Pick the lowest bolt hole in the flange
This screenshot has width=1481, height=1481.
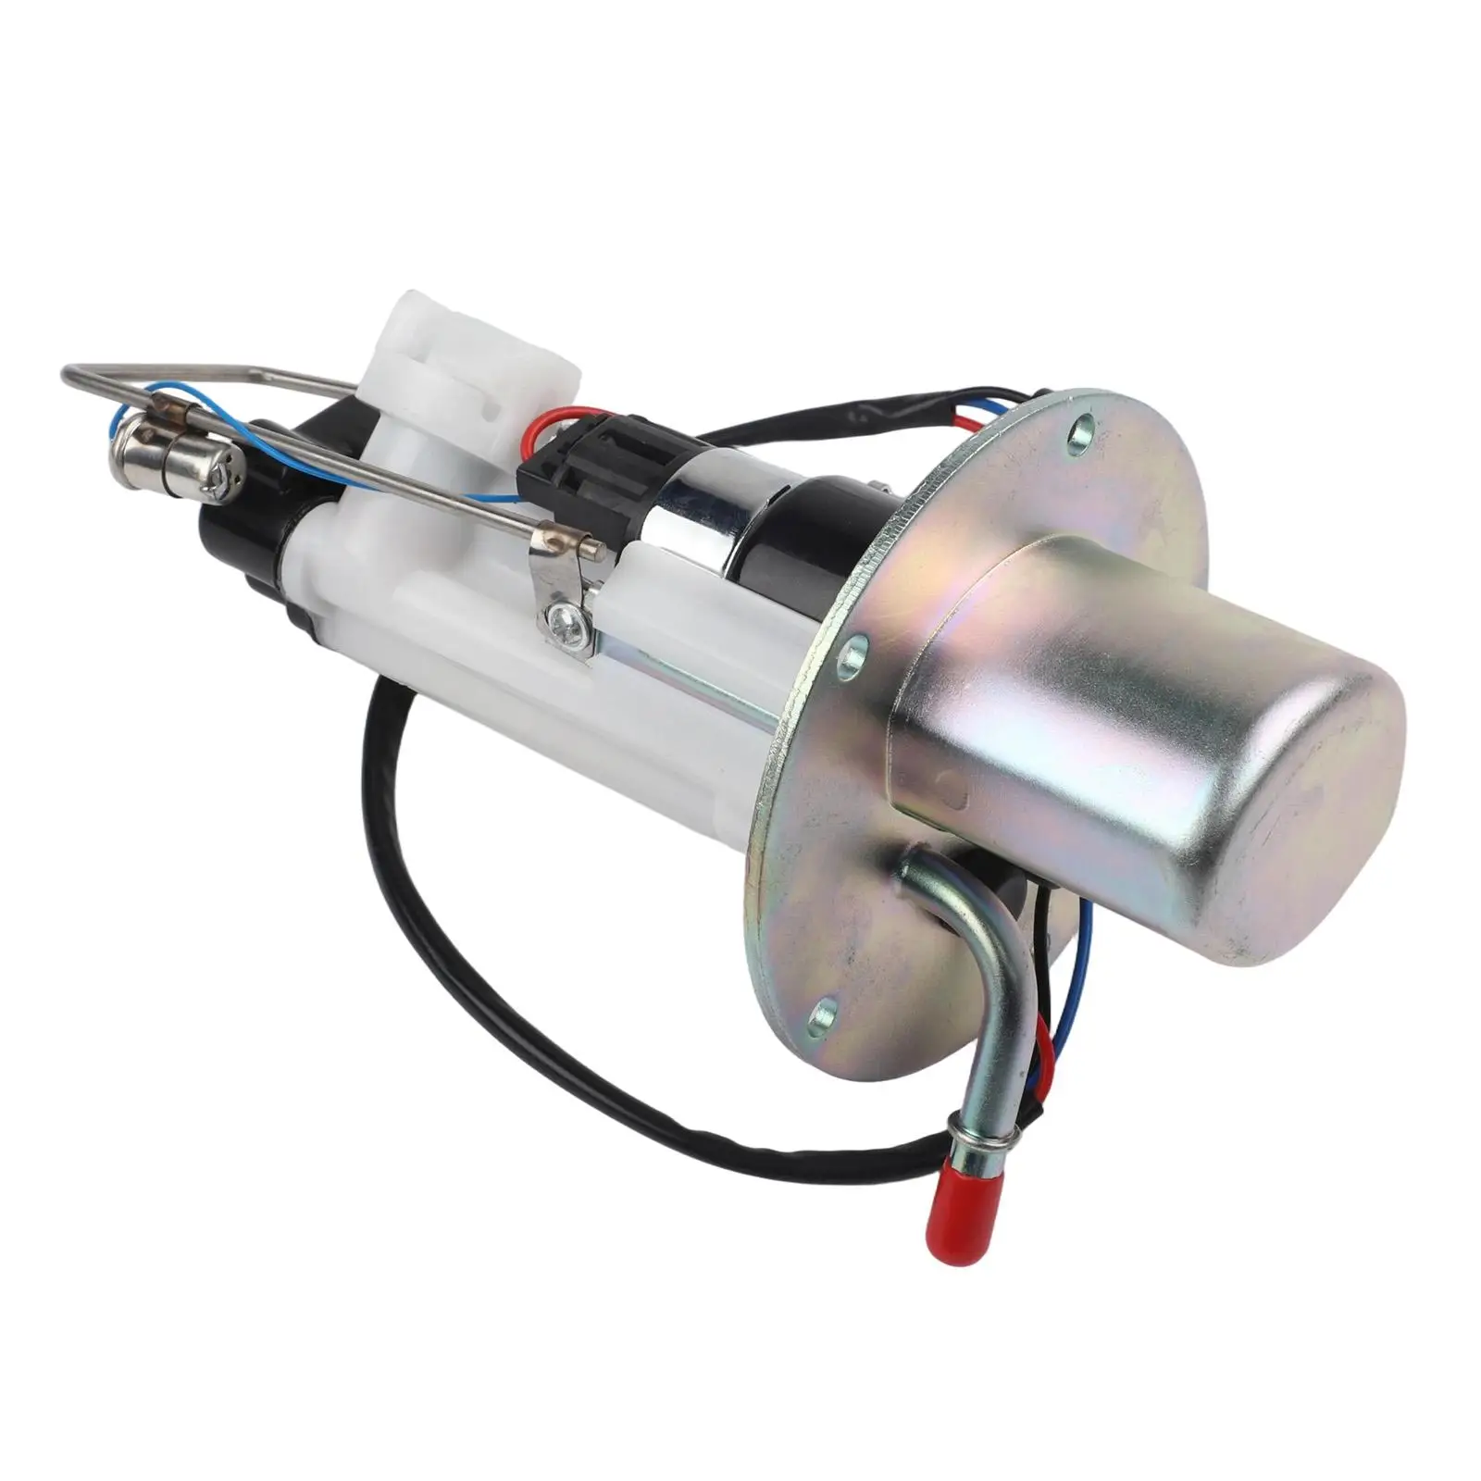pos(823,1016)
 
